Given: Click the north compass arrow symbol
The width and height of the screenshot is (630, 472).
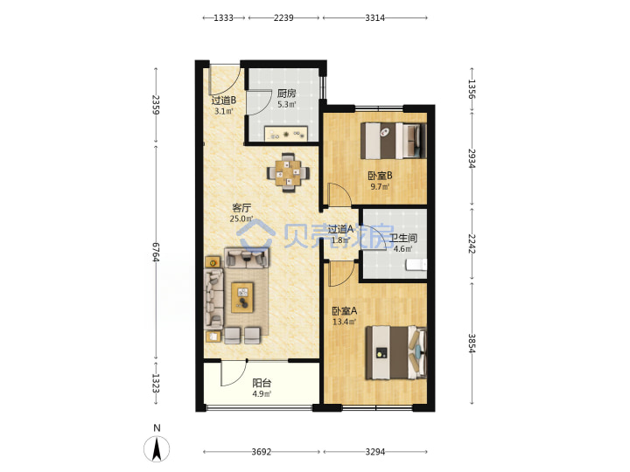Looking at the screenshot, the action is tap(157, 448).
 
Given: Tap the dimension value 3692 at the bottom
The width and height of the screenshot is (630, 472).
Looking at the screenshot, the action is tap(262, 452).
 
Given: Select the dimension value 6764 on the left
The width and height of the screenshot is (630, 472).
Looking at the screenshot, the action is tap(156, 252).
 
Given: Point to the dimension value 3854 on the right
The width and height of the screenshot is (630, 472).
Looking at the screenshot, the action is tap(472, 344).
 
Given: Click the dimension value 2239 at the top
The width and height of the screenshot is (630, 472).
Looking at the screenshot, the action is tap(283, 17).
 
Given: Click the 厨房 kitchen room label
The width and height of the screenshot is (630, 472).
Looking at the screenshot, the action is tap(286, 94).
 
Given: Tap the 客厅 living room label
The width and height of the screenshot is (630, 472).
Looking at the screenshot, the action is tap(241, 208).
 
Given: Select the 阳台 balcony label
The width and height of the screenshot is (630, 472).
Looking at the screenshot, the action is tap(262, 384).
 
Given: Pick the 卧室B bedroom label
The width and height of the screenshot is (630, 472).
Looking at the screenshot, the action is tap(380, 176).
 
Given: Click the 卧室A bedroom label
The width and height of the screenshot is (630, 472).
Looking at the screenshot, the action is tap(345, 310).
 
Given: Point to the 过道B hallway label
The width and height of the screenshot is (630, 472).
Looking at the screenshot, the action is tap(224, 101).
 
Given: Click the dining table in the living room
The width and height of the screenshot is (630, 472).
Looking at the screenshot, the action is tap(288, 172).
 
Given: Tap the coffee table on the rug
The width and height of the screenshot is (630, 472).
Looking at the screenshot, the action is tap(242, 297).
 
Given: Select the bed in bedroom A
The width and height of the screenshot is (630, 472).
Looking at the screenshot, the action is tap(396, 353).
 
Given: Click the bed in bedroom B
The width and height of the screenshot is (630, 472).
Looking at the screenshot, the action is tap(394, 141).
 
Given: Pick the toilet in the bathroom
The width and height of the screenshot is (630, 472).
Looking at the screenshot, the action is tap(416, 265).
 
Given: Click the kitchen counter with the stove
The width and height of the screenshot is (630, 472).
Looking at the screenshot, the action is tap(286, 134).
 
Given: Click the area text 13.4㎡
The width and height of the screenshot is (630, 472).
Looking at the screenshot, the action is tap(345, 322).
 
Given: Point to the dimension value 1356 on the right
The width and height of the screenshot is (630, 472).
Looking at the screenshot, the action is tap(472, 89).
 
